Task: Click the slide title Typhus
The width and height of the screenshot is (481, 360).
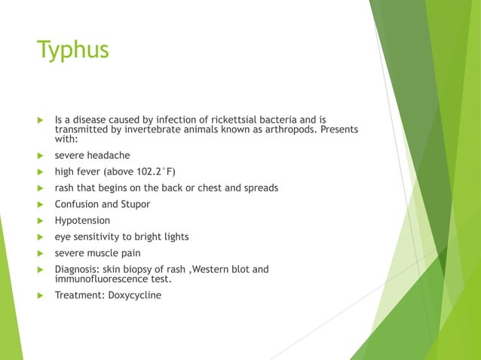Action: click(x=73, y=50)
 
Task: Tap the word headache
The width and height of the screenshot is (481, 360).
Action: click(x=109, y=155)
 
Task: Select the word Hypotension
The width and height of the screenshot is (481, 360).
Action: click(x=82, y=221)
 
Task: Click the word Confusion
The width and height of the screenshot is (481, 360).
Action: click(x=78, y=204)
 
